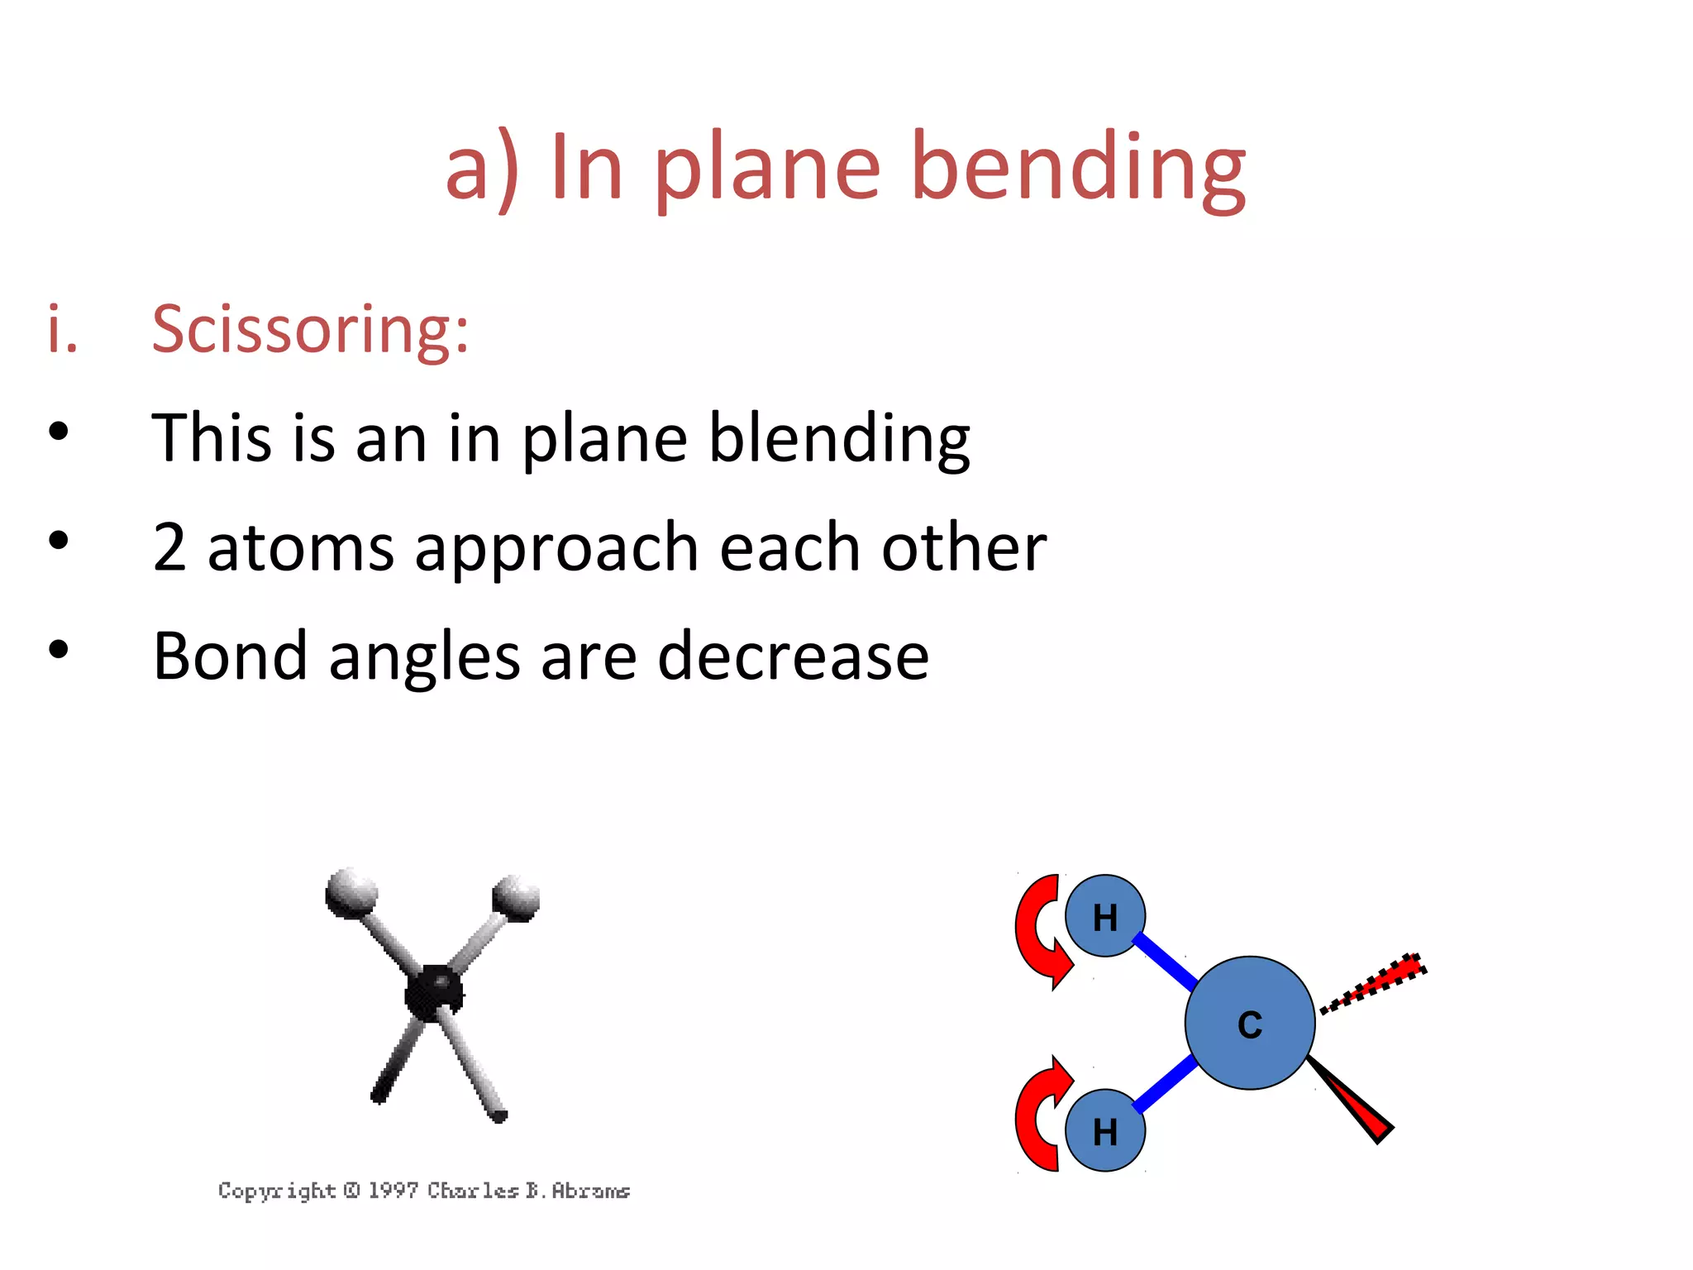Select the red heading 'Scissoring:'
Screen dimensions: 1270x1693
[x=310, y=329]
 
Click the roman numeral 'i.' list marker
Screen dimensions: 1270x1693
[x=62, y=329]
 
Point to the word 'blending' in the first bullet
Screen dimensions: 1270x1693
[x=839, y=438]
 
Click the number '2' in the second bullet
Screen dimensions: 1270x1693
[x=169, y=547]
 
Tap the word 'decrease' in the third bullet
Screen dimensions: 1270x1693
[x=793, y=656]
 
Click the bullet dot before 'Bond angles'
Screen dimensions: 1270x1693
[x=58, y=649]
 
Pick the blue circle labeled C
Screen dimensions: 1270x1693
[x=1249, y=1024]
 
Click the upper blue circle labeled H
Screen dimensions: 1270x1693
[x=1104, y=916]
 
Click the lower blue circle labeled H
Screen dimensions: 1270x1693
[x=1104, y=1130]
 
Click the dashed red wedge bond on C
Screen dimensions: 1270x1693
[x=1376, y=981]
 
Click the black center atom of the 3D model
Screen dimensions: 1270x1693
[x=433, y=990]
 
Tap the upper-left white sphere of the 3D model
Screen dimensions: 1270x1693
[x=351, y=891]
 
